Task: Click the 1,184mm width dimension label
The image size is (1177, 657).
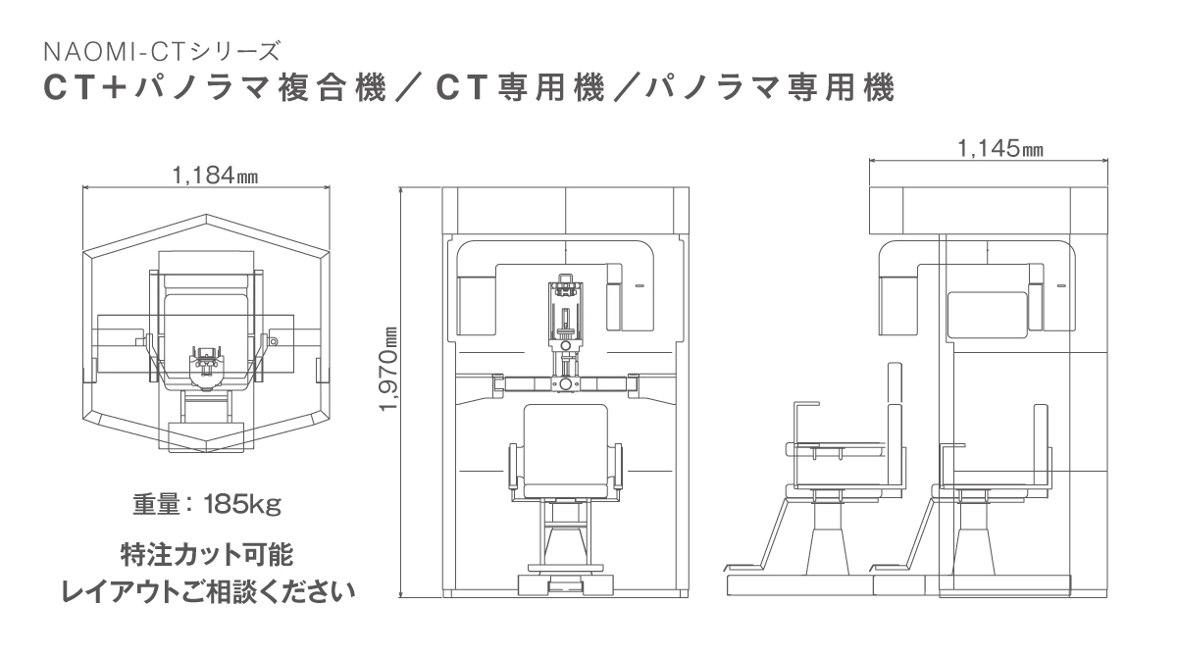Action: pos(216,176)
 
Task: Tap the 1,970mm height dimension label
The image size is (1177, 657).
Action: pos(389,370)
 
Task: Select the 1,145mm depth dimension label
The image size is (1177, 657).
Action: pos(1000,149)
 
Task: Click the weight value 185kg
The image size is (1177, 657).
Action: pos(243,505)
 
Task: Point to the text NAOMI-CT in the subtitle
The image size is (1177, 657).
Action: pos(116,51)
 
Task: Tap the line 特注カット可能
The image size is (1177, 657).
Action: pos(207,556)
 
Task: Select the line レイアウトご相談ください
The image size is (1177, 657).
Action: pos(209,592)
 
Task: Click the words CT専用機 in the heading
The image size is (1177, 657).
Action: pos(521,87)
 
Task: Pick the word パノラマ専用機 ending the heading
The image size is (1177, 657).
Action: pos(769,87)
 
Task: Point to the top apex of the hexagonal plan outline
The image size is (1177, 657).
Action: pos(207,215)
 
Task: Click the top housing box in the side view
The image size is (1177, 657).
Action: pos(989,210)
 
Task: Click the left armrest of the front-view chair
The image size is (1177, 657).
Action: pos(513,467)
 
